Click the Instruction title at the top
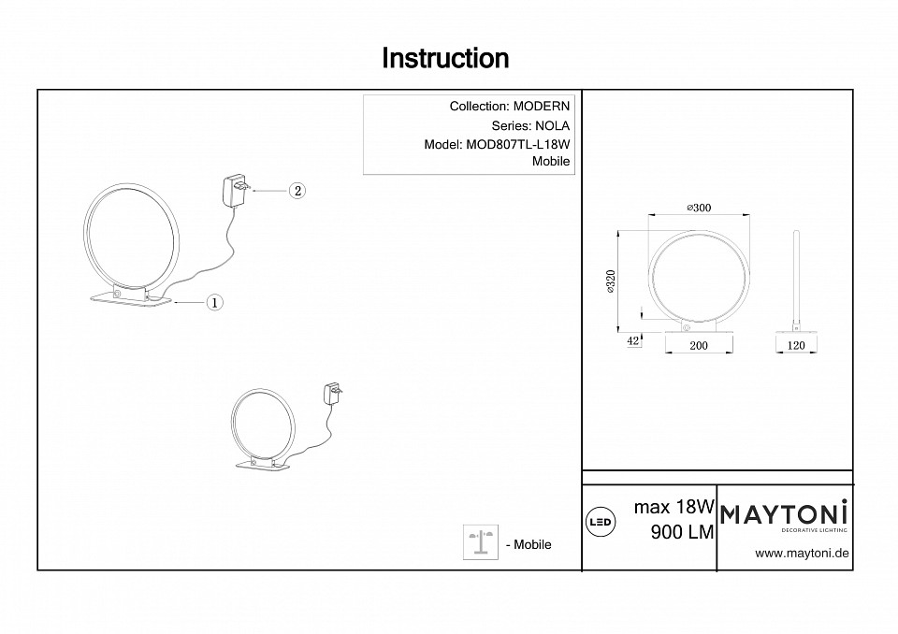[x=445, y=59]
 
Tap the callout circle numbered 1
[x=213, y=302]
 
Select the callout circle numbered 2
[x=296, y=191]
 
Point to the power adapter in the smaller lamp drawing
[x=331, y=393]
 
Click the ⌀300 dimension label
[x=699, y=208]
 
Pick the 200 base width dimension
[x=698, y=345]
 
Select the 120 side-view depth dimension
[x=797, y=345]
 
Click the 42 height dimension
[x=633, y=341]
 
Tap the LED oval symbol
[x=601, y=521]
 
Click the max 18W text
[x=674, y=508]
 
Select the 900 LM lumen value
[x=682, y=532]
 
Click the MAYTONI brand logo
[x=784, y=513]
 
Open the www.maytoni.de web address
[x=802, y=553]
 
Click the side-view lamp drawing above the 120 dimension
[x=796, y=281]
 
